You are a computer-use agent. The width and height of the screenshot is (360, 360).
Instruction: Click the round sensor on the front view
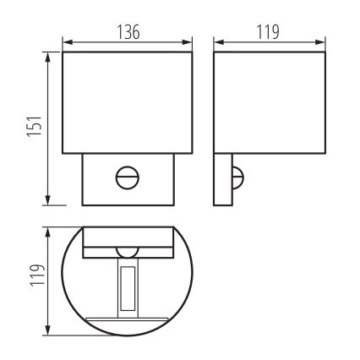click(127, 178)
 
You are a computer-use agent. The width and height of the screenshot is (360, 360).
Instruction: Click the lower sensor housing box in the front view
click(127, 180)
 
